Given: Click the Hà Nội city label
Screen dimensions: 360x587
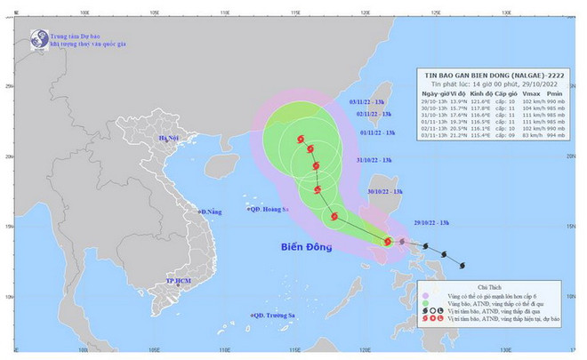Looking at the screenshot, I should [x=169, y=139].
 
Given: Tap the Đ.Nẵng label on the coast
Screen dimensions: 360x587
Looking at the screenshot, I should [x=210, y=212].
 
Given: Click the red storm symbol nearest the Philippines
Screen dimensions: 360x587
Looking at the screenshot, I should [x=387, y=241].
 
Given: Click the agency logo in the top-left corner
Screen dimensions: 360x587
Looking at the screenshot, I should [x=38, y=39].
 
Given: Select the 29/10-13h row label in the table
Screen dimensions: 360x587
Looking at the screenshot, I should [x=434, y=100].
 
